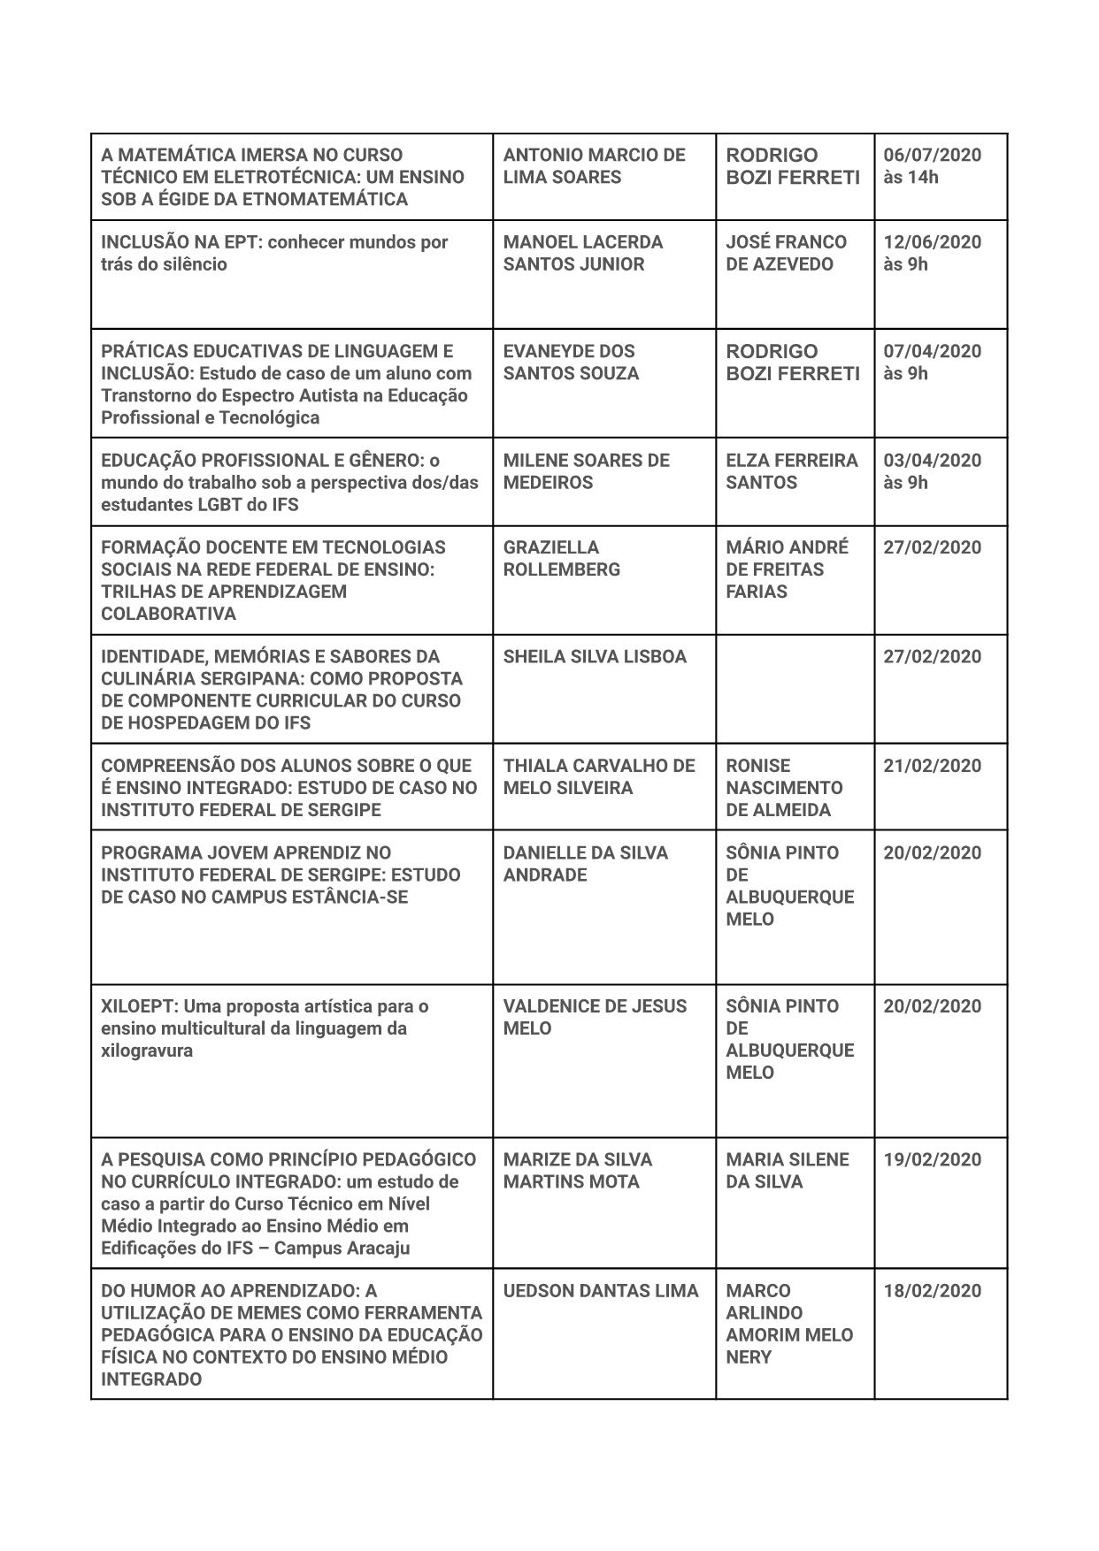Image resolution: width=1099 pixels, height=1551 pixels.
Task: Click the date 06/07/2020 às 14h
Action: pos(932,165)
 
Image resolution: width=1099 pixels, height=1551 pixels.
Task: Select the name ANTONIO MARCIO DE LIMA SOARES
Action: pos(594,165)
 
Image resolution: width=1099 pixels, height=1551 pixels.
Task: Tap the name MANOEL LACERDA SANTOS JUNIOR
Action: pos(582,253)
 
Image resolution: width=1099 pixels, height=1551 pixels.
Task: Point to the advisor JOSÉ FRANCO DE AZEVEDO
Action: pos(786,253)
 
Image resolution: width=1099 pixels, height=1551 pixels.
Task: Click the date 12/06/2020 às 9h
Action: pos(932,253)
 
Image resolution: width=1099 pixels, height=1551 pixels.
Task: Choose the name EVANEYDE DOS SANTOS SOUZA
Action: pos(571,362)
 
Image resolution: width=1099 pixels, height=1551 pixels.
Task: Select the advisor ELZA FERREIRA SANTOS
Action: pos(791,471)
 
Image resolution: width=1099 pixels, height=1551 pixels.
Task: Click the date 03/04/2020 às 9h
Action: pos(932,471)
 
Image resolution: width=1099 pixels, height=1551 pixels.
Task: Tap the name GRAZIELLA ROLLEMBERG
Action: pos(561,558)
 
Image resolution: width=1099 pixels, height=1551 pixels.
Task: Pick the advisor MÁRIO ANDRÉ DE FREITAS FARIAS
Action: pos(787,569)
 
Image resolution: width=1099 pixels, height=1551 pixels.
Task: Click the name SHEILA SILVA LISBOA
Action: pos(595,656)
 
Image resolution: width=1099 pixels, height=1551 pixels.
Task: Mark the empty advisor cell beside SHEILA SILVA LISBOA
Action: pos(795,689)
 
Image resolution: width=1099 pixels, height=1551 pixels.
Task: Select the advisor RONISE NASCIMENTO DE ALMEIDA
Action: pos(784,787)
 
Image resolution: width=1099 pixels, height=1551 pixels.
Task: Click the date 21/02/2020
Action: pos(932,766)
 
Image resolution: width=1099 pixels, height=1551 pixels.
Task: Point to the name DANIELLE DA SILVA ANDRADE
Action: pos(585,864)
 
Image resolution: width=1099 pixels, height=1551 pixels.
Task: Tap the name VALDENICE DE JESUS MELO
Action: pos(595,1017)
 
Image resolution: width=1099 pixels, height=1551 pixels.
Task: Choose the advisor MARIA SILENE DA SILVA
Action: pos(787,1170)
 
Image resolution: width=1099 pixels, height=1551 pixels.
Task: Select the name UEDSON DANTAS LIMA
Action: pos(601,1291)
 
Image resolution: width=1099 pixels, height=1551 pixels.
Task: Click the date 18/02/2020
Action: pos(932,1291)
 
